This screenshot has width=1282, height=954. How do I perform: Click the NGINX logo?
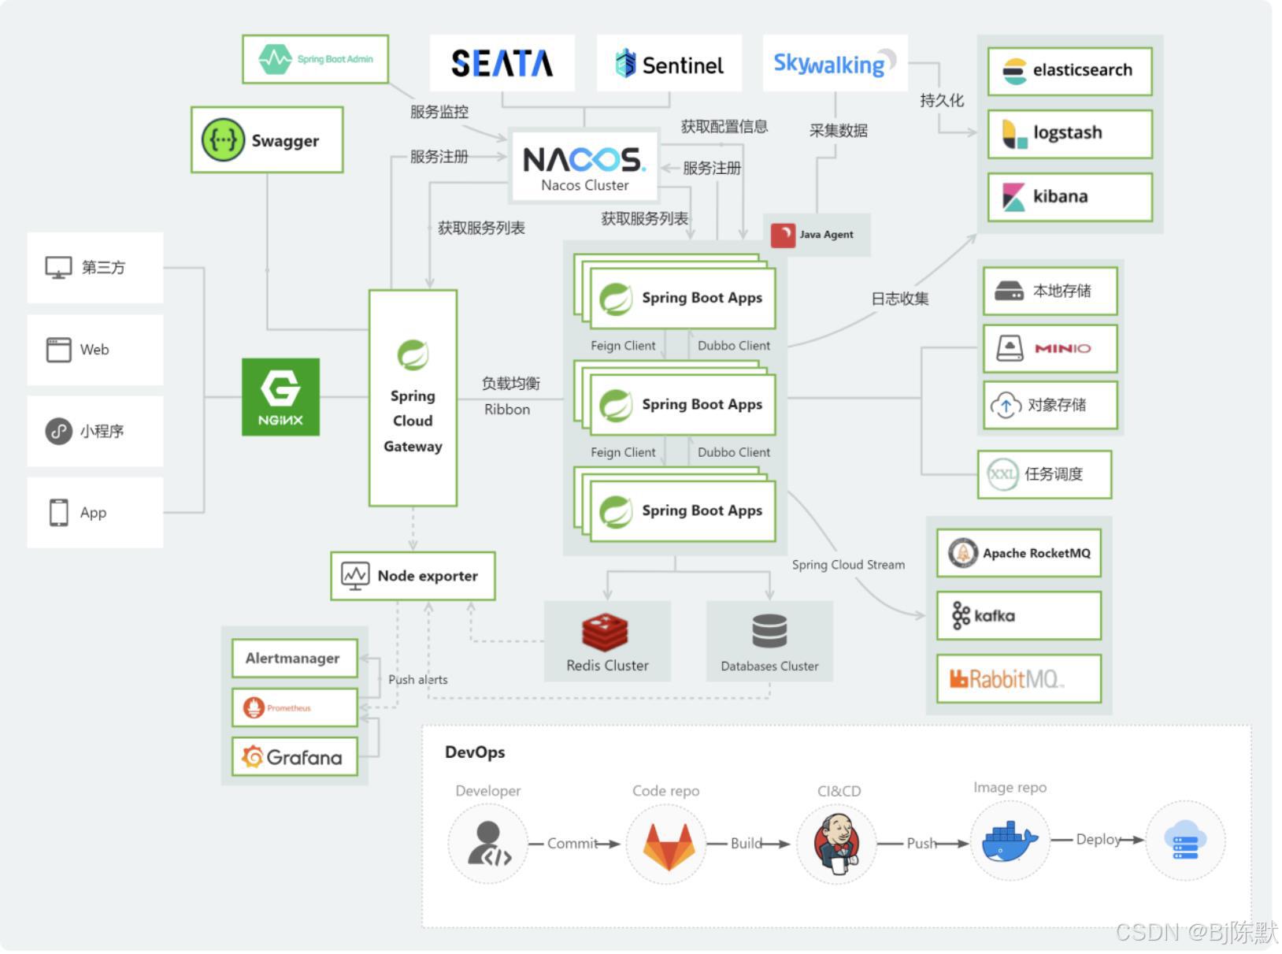[x=280, y=396]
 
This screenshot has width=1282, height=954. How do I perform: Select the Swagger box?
[x=267, y=140]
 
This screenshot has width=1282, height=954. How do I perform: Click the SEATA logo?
[x=502, y=63]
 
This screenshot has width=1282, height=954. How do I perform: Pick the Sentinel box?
[x=669, y=64]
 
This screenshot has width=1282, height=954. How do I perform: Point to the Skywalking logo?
[x=835, y=63]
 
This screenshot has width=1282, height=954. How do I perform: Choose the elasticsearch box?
[x=1069, y=71]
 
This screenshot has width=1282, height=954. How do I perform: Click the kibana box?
[x=1069, y=197]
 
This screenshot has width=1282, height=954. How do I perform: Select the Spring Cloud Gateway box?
[x=413, y=398]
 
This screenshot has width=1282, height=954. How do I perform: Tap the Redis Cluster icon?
[x=605, y=632]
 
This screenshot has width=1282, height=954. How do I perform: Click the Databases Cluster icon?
[x=769, y=631]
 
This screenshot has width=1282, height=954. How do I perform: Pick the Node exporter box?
[x=413, y=576]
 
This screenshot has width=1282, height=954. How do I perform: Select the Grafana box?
[x=295, y=757]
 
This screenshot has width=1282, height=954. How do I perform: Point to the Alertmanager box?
[x=295, y=658]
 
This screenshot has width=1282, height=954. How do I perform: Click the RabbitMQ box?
[x=1018, y=678]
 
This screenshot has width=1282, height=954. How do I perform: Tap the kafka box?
[x=1018, y=615]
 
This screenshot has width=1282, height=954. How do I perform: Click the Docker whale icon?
[x=1009, y=841]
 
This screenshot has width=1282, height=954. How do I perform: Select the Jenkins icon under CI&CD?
[x=836, y=843]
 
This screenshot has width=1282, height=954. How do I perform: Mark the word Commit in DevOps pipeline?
[x=572, y=843]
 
